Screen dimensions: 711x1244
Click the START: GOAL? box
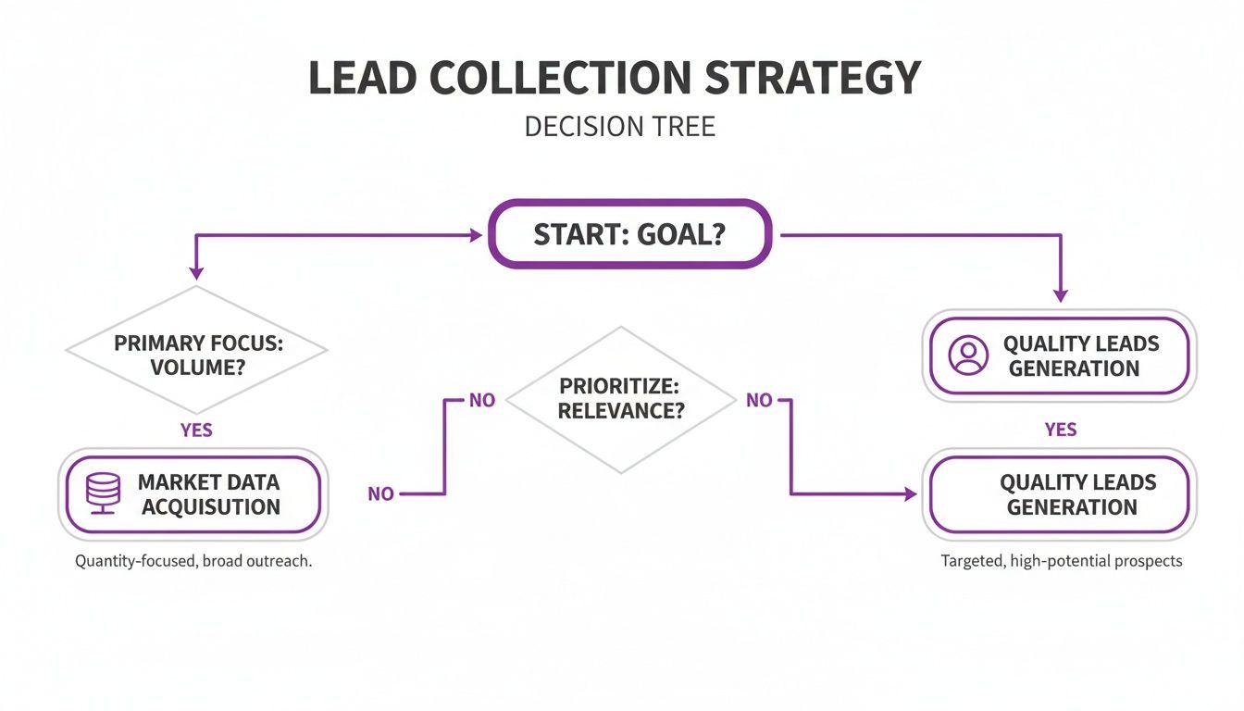point(629,234)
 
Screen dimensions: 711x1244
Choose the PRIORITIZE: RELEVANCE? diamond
point(621,399)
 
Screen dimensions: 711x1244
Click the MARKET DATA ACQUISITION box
point(192,494)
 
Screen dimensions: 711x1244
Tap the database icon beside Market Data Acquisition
point(103,494)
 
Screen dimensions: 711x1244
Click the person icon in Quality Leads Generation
point(968,355)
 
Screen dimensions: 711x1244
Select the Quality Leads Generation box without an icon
point(1060,494)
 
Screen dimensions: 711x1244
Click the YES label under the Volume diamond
point(196,430)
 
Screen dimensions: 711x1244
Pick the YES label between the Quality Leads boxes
point(1061,430)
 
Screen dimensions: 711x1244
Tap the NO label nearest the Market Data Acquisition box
point(380,494)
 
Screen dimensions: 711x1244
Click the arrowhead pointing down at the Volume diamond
point(196,272)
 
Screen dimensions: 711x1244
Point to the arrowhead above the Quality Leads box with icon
point(1061,295)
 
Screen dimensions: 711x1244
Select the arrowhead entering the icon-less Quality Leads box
point(910,494)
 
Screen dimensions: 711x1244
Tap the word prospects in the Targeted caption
point(1148,561)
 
